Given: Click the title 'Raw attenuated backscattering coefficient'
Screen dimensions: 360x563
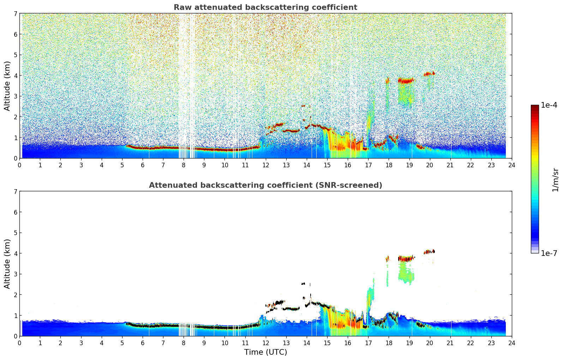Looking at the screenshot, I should click(265, 7).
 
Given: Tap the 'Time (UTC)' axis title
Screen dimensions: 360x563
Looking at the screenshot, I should click(265, 352).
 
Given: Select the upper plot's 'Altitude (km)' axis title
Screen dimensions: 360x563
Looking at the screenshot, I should click(7, 86).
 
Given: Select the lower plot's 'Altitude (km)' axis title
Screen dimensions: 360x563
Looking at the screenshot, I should click(7, 264).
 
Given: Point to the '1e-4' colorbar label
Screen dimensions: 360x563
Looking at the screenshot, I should click(549, 105).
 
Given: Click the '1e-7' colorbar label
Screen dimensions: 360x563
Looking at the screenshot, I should click(549, 253).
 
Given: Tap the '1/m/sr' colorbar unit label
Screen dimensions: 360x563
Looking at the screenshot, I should click(555, 180).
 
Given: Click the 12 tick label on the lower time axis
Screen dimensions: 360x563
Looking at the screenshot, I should click(265, 343).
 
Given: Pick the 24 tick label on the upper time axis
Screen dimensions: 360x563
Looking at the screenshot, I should click(512, 165).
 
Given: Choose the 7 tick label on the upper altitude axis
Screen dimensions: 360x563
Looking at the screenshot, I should click(16, 14).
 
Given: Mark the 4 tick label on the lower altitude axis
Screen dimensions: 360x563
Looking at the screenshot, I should click(16, 253).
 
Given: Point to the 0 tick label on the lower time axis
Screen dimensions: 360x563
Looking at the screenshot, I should click(20, 343).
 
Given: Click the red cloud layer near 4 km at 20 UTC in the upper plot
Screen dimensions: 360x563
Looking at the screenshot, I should click(429, 74).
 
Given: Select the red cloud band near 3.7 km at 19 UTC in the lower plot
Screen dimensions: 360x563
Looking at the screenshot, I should click(406, 259).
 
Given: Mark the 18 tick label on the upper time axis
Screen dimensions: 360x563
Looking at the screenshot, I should click(389, 165).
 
